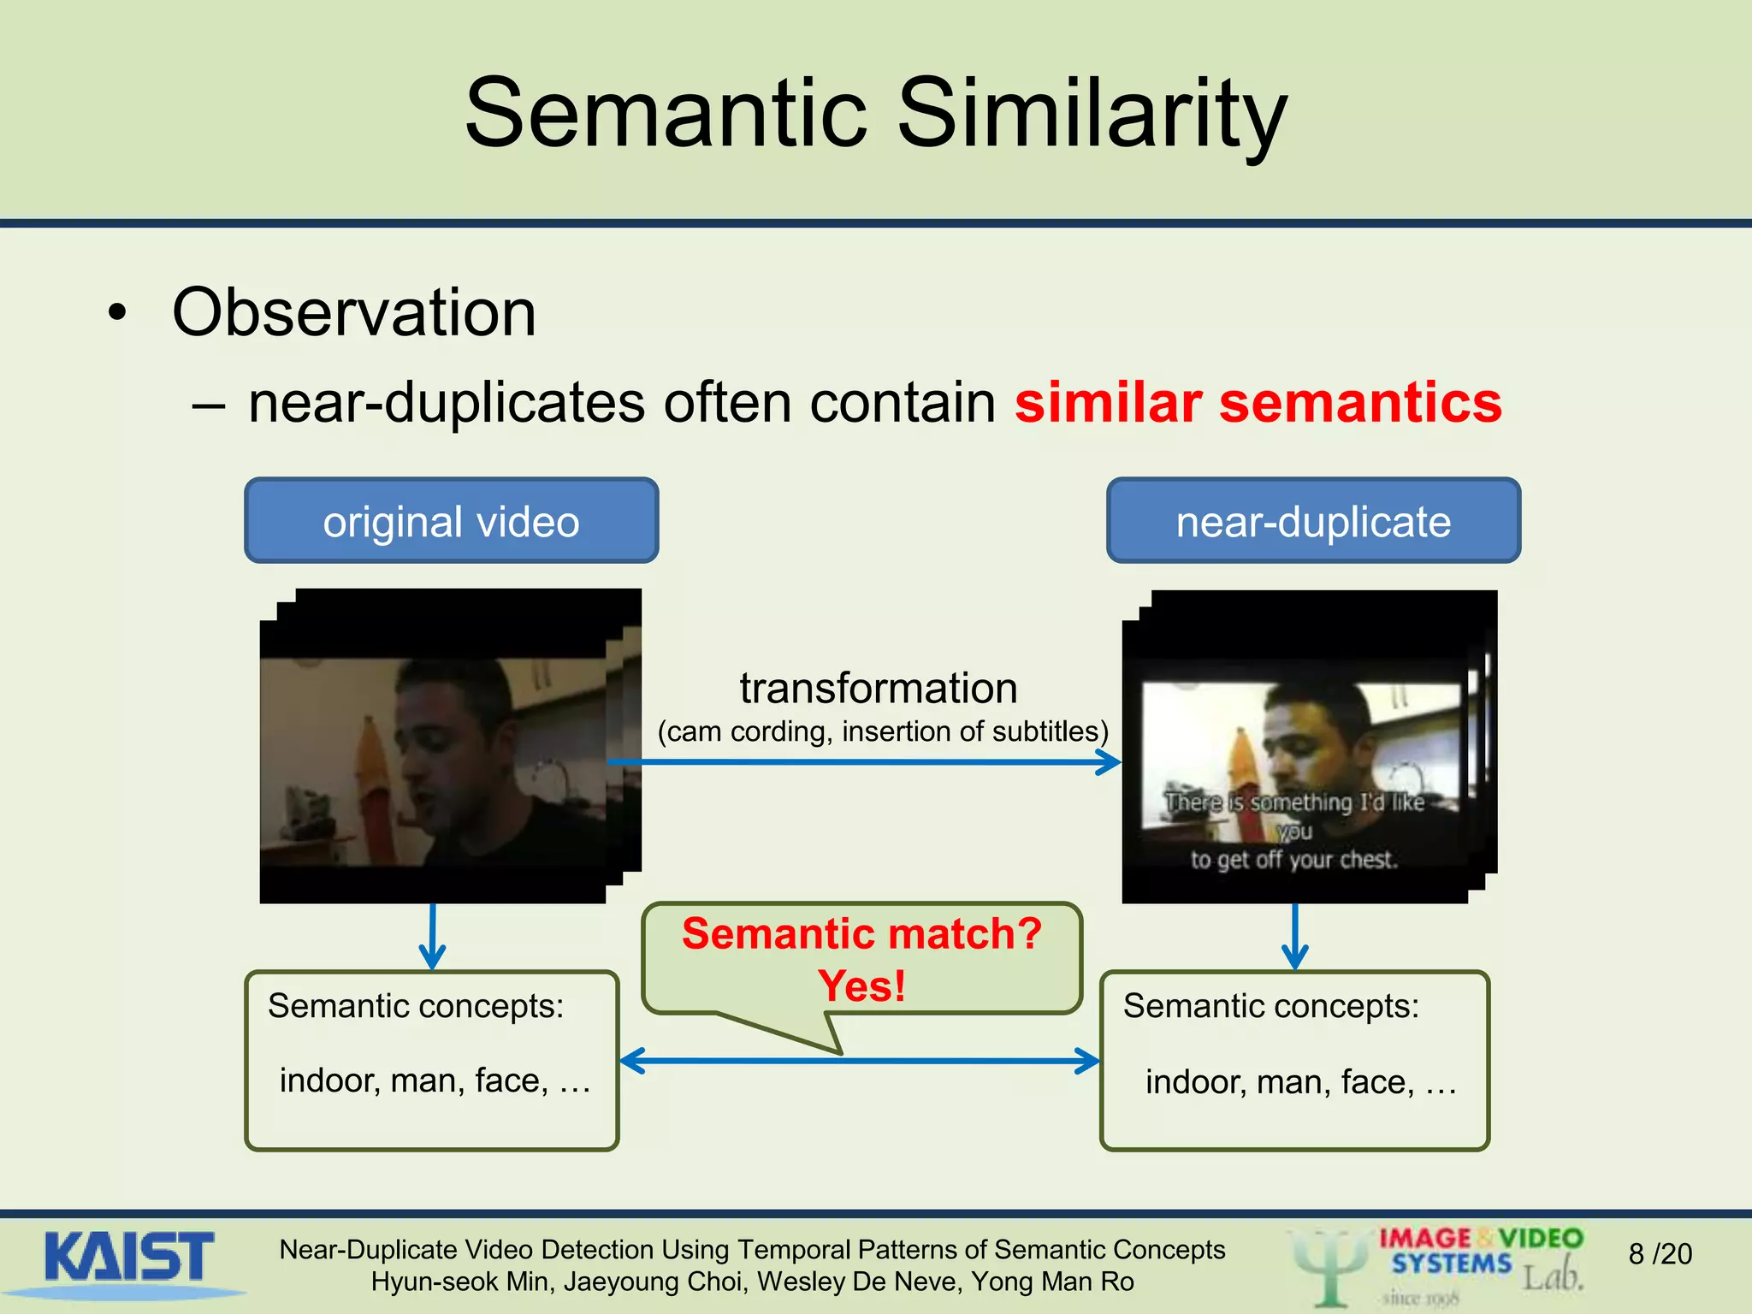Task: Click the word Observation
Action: pos(354,312)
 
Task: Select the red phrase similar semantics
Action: pos(1258,402)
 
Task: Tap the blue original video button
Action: pos(451,521)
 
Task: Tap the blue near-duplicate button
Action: pos(1313,521)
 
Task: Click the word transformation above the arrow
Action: pos(879,688)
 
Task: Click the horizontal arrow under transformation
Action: pos(864,761)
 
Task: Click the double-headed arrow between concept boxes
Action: pos(860,1062)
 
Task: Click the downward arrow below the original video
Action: pos(433,937)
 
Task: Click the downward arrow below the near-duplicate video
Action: pos(1295,937)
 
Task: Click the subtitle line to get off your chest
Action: pos(1293,859)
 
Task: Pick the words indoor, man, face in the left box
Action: pos(435,1080)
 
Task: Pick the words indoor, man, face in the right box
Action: pos(1300,1082)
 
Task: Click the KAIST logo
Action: pos(128,1258)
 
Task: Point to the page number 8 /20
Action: pos(1660,1254)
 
